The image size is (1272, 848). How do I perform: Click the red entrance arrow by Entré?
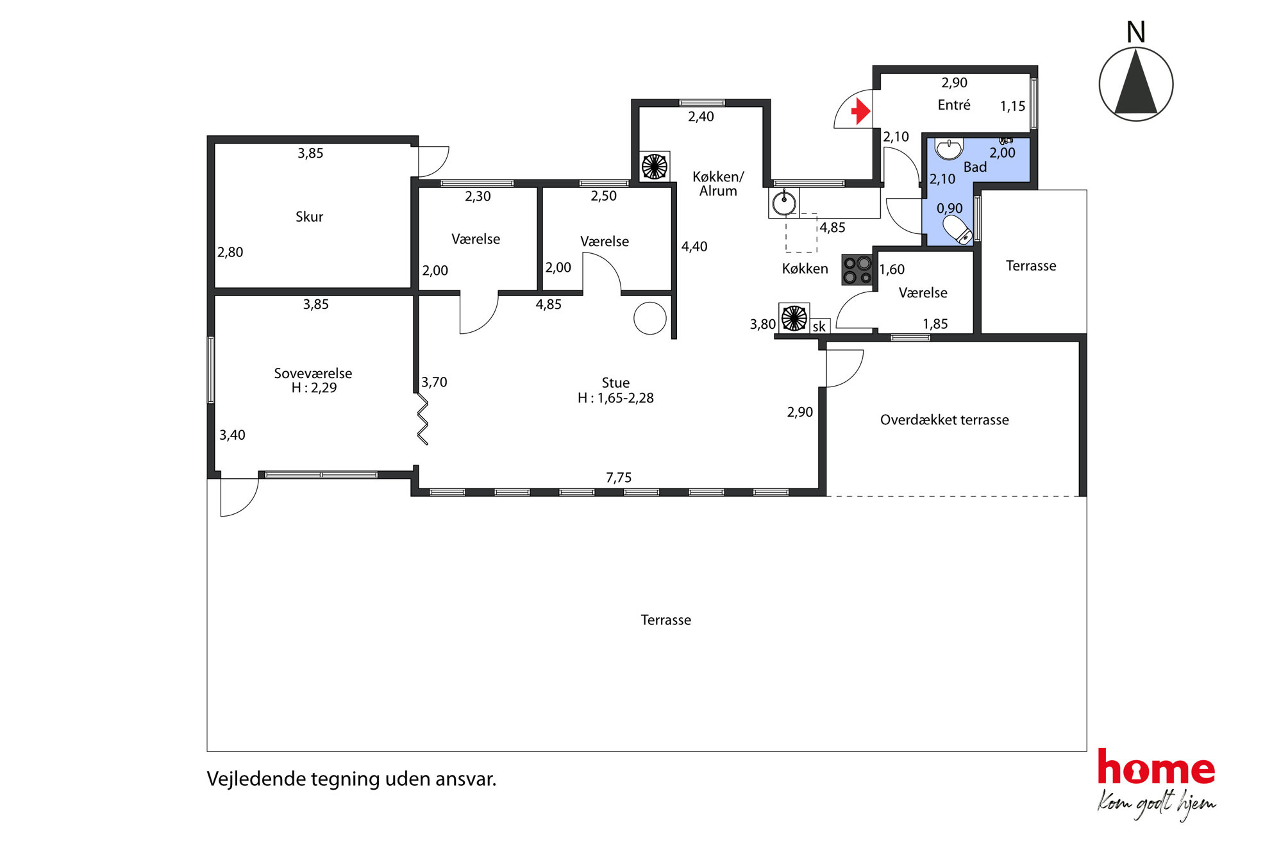(x=861, y=112)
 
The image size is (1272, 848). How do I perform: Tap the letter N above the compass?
(x=1135, y=32)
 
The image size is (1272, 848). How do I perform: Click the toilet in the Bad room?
(x=958, y=229)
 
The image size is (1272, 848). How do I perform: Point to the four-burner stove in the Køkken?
(x=857, y=270)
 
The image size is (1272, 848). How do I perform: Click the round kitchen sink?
(x=784, y=204)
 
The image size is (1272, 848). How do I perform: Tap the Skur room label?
(x=309, y=217)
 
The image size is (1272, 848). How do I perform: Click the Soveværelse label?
(x=313, y=373)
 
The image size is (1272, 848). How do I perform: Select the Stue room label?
(x=615, y=383)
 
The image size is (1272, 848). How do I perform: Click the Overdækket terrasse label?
(x=944, y=420)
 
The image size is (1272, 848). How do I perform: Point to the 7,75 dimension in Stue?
(x=619, y=478)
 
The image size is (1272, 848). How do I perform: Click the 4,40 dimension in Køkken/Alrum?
(x=694, y=247)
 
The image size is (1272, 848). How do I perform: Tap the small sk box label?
(x=819, y=326)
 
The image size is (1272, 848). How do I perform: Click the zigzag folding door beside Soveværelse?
(x=423, y=419)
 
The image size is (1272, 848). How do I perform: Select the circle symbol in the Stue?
(x=650, y=318)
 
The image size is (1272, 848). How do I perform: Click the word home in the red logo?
(x=1156, y=767)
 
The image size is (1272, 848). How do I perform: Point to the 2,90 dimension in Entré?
(x=954, y=83)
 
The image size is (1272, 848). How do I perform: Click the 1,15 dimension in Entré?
(x=1012, y=106)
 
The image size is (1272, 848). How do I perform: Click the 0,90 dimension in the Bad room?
(x=950, y=208)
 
